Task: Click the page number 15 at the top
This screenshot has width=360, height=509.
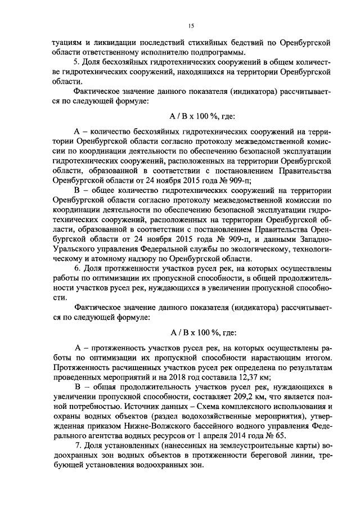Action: (191, 26)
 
